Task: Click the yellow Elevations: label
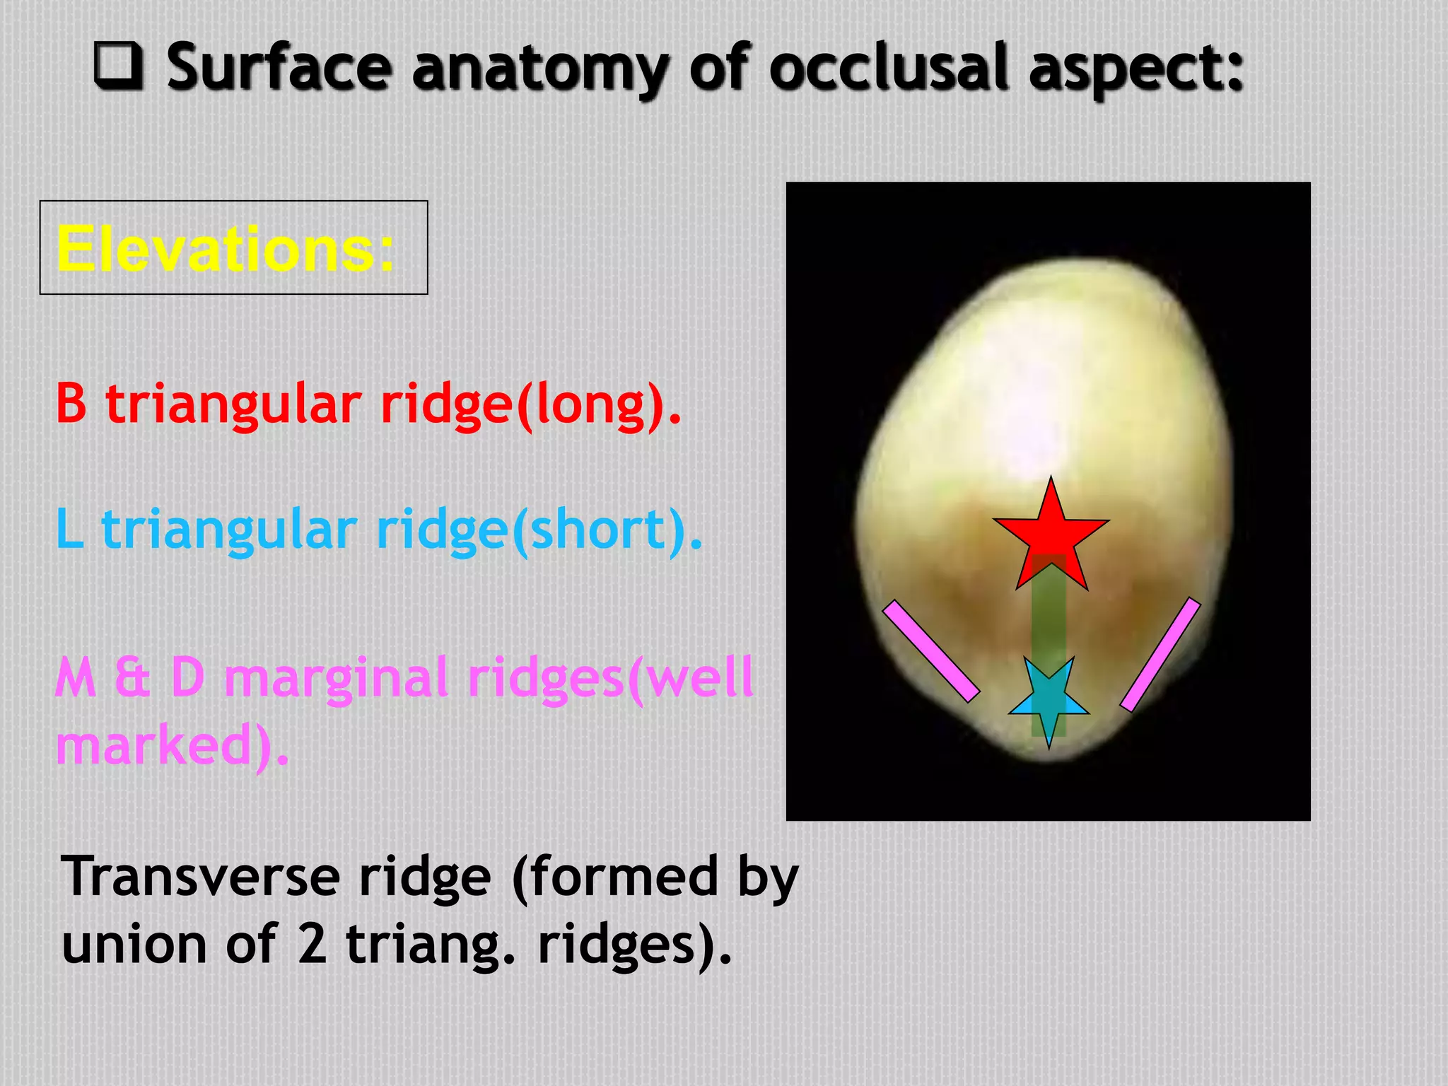coord(225,248)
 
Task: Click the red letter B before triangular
coord(71,404)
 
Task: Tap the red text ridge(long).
coord(531,405)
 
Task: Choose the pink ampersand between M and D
coord(132,677)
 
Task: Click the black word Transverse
coord(202,877)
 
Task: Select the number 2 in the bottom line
coord(312,945)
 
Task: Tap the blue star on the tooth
coord(1049,700)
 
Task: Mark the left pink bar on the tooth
coord(931,651)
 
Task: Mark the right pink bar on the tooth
coord(1161,654)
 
